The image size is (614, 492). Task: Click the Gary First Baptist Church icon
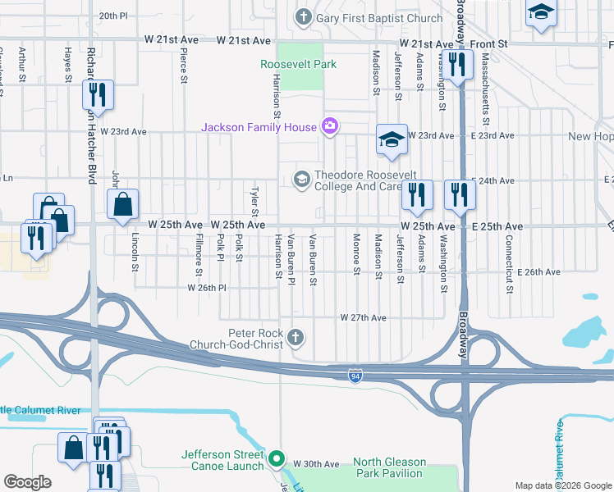click(x=303, y=16)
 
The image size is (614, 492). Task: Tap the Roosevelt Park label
click(x=299, y=64)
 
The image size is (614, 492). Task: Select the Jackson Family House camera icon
click(x=330, y=126)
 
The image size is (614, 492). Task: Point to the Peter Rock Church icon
click(x=296, y=337)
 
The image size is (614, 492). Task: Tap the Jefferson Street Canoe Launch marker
click(x=277, y=458)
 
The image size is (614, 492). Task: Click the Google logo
click(x=28, y=481)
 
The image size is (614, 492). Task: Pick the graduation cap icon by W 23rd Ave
click(x=392, y=140)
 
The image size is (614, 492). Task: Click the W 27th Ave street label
click(x=363, y=317)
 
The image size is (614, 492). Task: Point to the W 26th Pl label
click(x=206, y=288)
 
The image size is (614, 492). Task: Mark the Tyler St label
click(x=254, y=198)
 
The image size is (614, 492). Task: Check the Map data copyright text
click(x=562, y=485)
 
